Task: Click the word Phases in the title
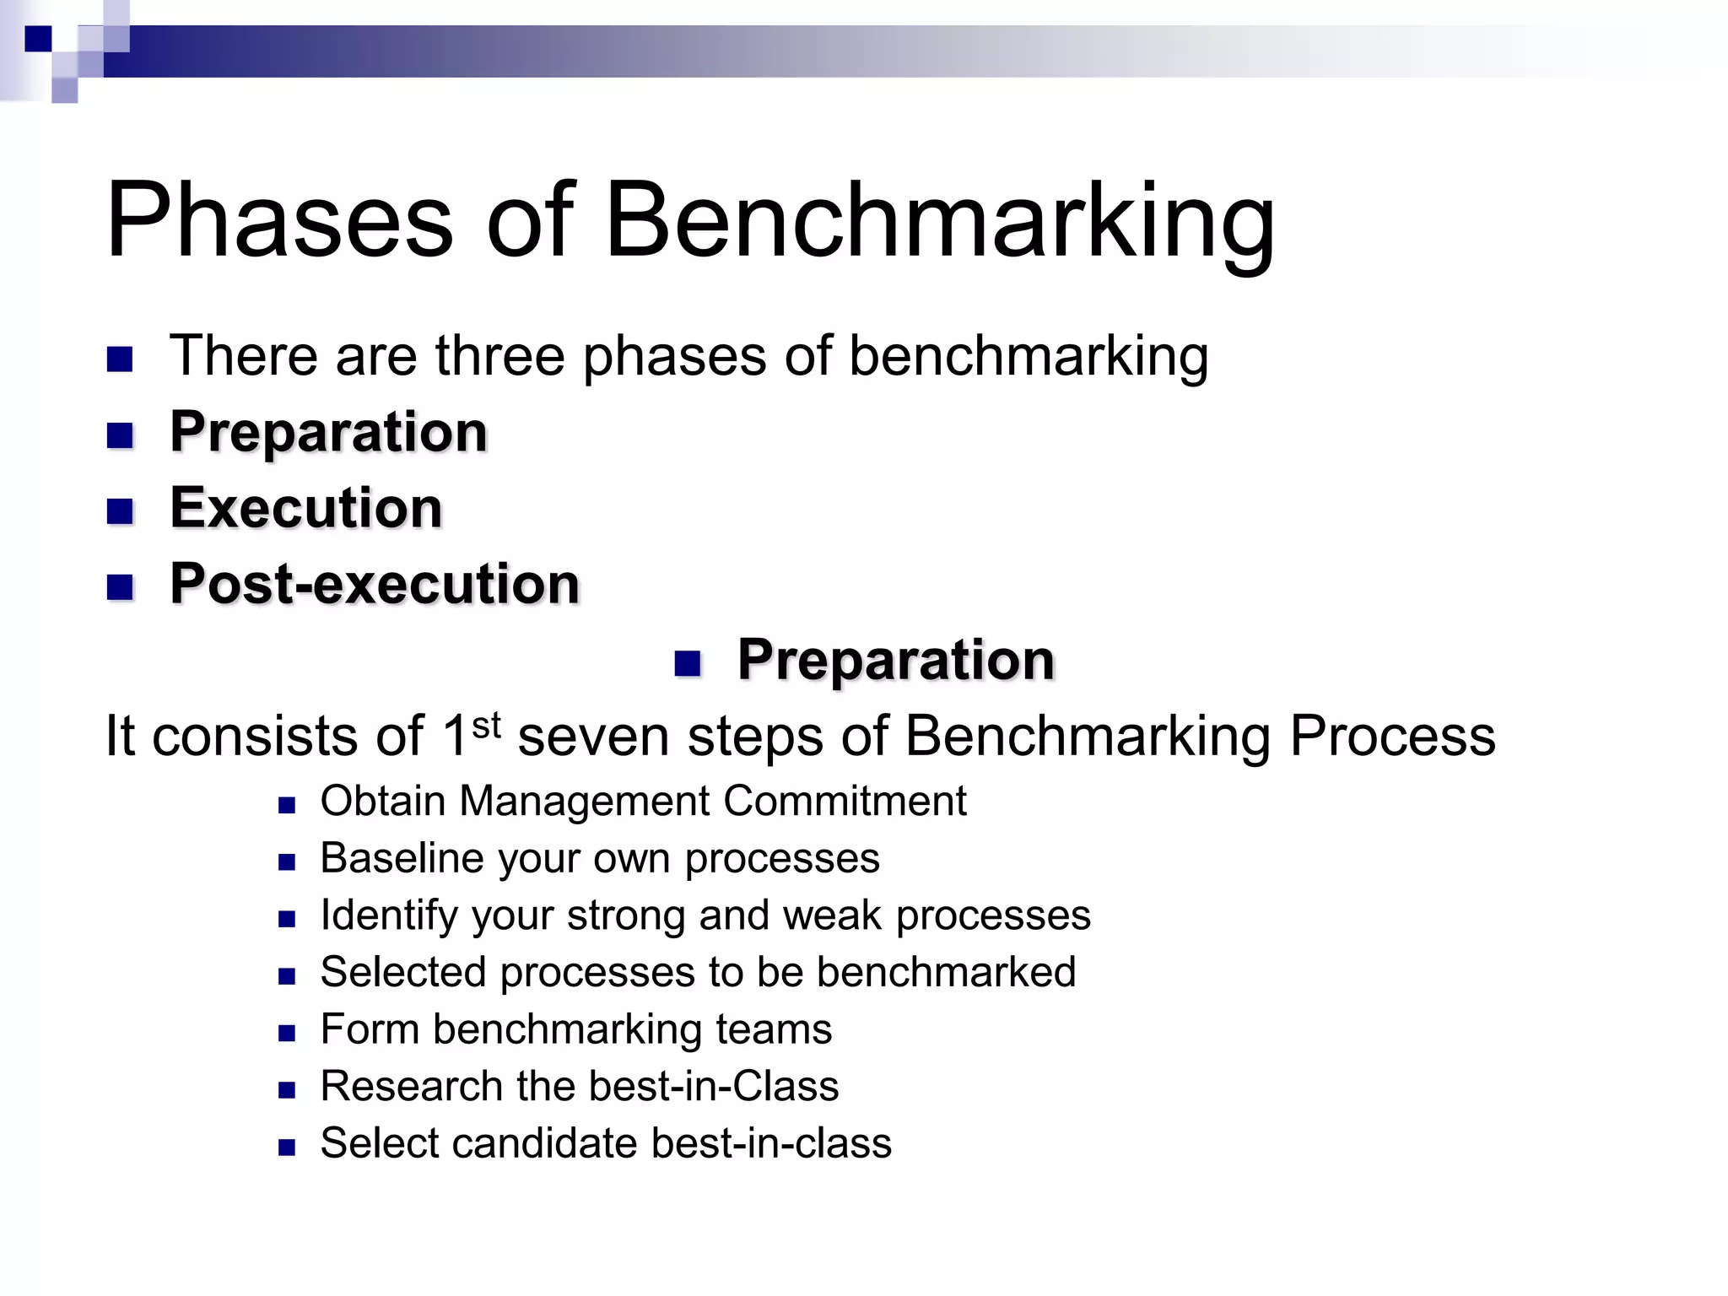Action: pyautogui.click(x=279, y=221)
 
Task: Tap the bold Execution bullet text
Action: pyautogui.click(x=306, y=509)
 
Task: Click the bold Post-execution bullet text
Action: pyautogui.click(x=375, y=585)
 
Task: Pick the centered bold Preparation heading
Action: pyautogui.click(x=896, y=661)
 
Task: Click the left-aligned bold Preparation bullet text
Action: pyautogui.click(x=328, y=433)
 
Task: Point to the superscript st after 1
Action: pyautogui.click(x=486, y=725)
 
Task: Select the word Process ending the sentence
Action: pyautogui.click(x=1392, y=737)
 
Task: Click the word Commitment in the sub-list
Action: pyautogui.click(x=845, y=801)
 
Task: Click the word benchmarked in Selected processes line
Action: pyautogui.click(x=946, y=972)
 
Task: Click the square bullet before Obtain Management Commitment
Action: pyautogui.click(x=287, y=806)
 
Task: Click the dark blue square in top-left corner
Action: pyautogui.click(x=38, y=39)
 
